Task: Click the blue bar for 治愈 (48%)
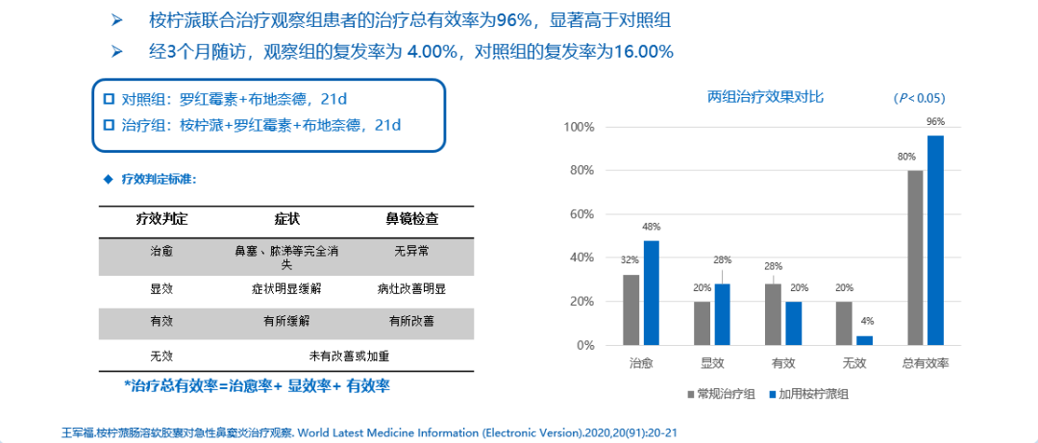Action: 652,292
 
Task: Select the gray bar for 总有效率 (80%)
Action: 915,258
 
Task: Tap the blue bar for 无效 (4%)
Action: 865,340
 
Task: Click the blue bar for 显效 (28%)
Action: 723,314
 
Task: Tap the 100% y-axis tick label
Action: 581,127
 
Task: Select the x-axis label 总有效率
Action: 926,364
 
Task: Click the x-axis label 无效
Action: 854,364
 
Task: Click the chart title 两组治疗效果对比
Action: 765,96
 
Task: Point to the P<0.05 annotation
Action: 919,98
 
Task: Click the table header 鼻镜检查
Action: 412,218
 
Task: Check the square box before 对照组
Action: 109,99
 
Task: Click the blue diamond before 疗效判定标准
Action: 108,179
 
